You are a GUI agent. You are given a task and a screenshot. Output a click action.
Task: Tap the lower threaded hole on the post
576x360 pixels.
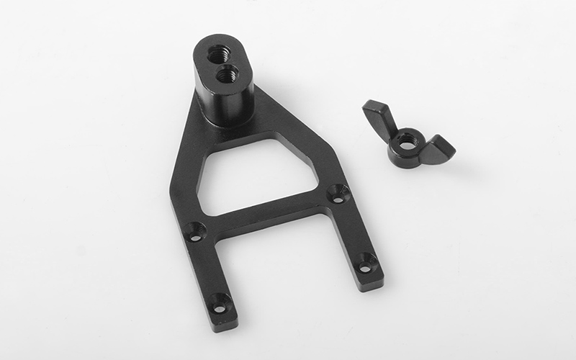[228, 71]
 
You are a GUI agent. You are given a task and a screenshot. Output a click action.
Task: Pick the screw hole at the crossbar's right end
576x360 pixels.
[337, 192]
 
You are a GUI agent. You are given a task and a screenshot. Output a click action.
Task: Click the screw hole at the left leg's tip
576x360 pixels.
[220, 303]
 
